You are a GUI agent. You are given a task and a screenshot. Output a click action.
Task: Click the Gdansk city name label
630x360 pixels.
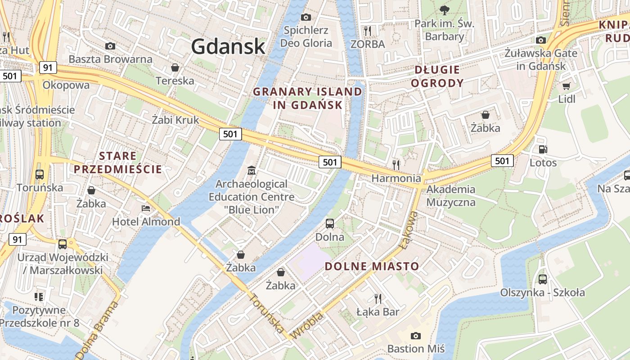click(x=228, y=46)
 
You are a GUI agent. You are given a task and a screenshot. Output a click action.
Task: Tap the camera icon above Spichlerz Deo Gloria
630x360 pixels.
click(x=306, y=17)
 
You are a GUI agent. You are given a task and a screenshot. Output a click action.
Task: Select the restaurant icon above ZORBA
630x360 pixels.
click(x=368, y=31)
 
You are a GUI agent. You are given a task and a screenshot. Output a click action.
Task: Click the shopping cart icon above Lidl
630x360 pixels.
click(x=567, y=85)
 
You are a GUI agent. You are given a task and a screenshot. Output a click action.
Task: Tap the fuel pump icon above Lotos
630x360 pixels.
click(x=543, y=149)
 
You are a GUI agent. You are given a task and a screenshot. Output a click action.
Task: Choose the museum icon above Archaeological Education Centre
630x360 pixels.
click(x=252, y=171)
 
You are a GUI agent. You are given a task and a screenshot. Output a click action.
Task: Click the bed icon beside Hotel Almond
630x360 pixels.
click(x=146, y=208)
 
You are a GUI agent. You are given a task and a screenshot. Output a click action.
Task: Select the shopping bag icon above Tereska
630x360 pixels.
click(x=175, y=67)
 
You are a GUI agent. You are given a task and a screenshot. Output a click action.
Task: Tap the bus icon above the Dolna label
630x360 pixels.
click(x=330, y=223)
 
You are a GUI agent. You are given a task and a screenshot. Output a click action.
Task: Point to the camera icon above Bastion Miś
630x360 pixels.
click(x=416, y=335)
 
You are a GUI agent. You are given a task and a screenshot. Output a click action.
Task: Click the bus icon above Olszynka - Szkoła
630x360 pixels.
click(x=543, y=279)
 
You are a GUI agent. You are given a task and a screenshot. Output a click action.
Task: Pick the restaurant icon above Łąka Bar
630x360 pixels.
click(x=378, y=298)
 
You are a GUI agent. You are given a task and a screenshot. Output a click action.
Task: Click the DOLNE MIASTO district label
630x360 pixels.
click(x=372, y=266)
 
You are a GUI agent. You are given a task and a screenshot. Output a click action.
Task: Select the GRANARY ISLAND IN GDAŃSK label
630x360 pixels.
click(x=307, y=98)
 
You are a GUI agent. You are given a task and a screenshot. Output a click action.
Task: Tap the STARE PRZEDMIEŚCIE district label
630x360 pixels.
click(x=117, y=162)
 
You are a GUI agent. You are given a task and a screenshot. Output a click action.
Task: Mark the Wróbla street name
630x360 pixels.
click(x=307, y=326)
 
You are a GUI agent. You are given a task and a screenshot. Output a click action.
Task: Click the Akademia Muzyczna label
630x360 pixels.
click(x=450, y=195)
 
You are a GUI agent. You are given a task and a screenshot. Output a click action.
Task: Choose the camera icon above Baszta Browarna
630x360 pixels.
click(x=110, y=46)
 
